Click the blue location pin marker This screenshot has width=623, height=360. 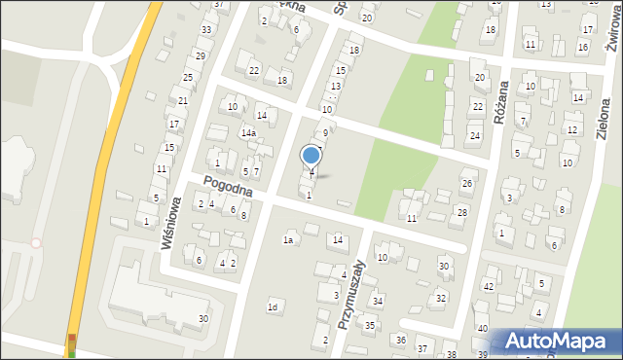click(311, 156)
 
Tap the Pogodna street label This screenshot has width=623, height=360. click(228, 187)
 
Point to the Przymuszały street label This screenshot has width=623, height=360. click(350, 293)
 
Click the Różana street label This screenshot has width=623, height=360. click(502, 97)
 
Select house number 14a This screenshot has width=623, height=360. click(249, 132)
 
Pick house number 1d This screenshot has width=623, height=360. click(274, 307)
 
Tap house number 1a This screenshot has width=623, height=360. click(288, 239)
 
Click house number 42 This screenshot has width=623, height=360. click(489, 286)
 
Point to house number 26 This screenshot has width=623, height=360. click(467, 183)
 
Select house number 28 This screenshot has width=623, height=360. click(462, 212)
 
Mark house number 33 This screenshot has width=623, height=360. click(206, 29)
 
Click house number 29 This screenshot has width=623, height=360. click(200, 55)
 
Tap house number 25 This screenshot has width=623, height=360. click(188, 77)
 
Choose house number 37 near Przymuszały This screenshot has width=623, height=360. click(422, 348)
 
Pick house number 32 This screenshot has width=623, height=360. click(441, 298)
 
